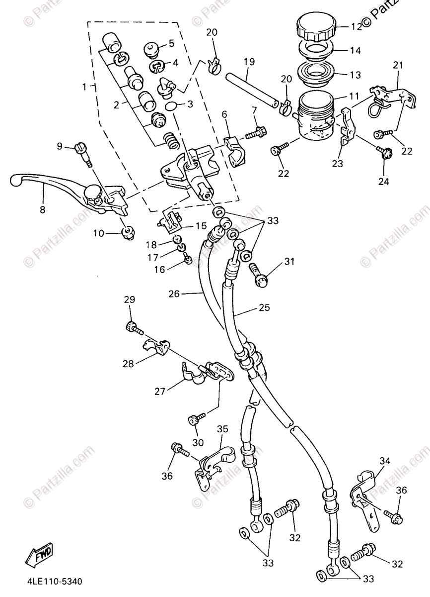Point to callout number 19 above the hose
point(249,62)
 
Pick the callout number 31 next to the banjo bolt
point(289,262)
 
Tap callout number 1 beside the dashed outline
point(85,86)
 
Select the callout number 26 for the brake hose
point(174,294)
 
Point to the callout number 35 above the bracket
point(222,428)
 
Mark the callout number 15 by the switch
point(201,225)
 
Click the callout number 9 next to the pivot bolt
point(60,146)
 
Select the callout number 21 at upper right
point(398,65)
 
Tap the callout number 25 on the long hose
point(264,308)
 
